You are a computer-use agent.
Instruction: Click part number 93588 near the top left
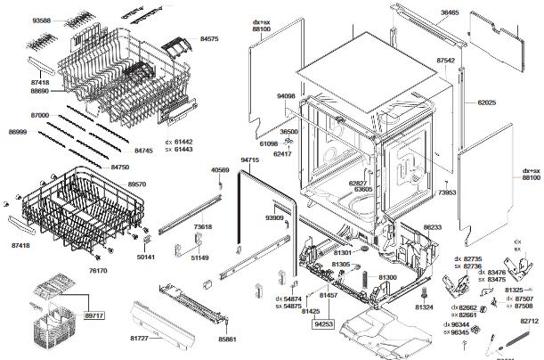(42, 19)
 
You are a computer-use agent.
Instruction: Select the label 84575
(209, 39)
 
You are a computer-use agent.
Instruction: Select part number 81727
(140, 339)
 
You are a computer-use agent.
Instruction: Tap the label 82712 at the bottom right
(530, 320)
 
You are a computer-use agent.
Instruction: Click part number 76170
(97, 271)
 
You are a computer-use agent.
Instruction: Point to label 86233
(433, 228)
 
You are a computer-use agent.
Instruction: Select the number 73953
(447, 192)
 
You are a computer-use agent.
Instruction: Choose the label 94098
(286, 95)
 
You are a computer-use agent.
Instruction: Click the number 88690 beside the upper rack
(40, 91)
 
